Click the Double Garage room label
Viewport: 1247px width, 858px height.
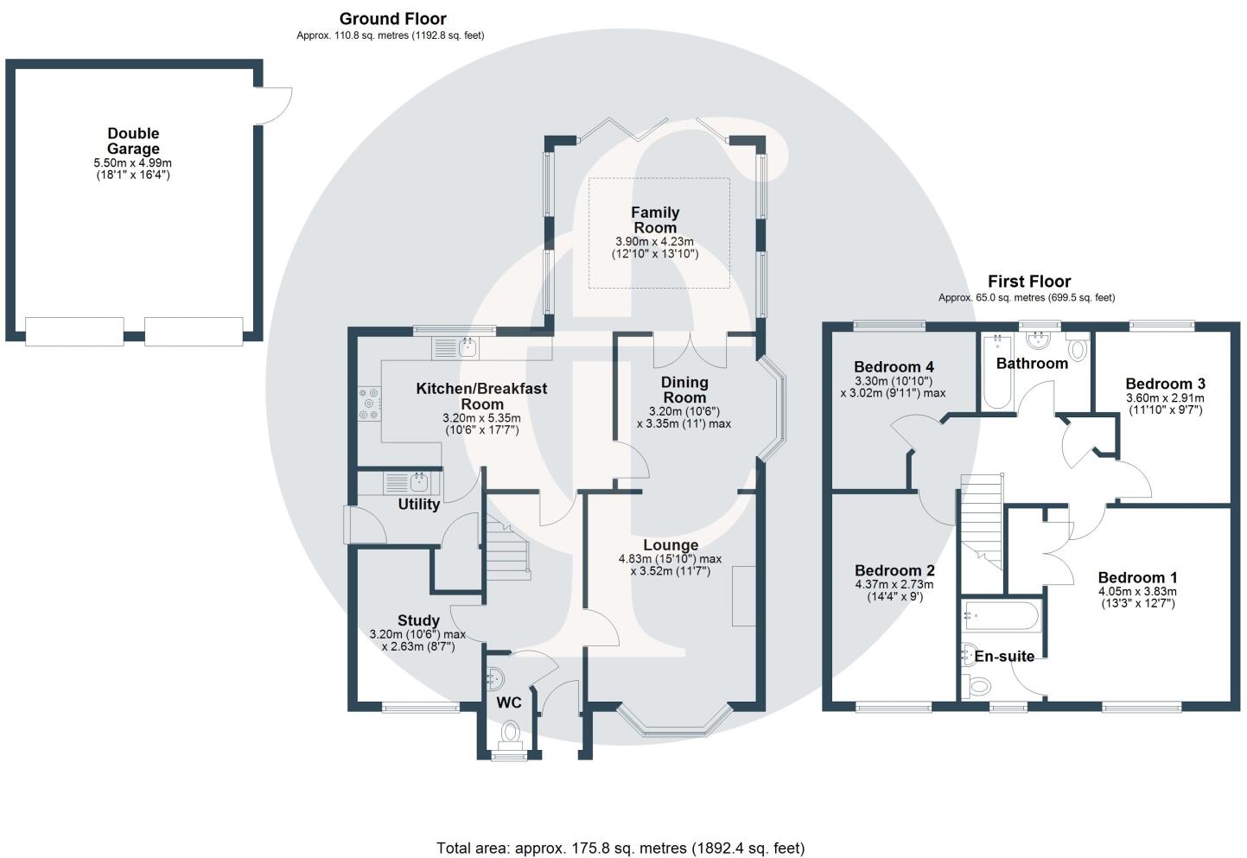[133, 141]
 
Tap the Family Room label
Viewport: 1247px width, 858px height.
[655, 220]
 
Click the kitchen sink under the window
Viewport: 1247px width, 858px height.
[468, 348]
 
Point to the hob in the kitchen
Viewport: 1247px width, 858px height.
[370, 404]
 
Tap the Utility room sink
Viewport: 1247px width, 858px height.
[419, 481]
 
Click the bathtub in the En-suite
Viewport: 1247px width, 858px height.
[1002, 616]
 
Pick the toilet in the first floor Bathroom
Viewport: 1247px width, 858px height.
[1078, 348]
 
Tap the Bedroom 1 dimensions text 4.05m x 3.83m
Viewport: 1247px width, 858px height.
[1137, 592]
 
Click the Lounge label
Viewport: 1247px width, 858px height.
[671, 545]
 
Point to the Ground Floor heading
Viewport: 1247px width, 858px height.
[392, 19]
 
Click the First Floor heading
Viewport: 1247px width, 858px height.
[1029, 282]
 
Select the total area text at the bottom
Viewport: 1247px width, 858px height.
[620, 848]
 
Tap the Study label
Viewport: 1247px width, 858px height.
[418, 620]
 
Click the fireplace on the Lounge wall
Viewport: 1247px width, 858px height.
[743, 595]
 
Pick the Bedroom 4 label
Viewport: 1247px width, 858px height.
[894, 366]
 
